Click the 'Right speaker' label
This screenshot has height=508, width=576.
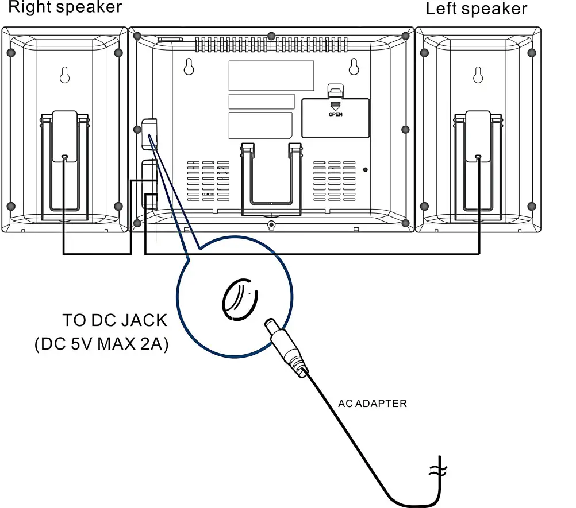pos(64,7)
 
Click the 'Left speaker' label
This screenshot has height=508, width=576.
pos(476,9)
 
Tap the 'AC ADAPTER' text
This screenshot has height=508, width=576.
pos(372,404)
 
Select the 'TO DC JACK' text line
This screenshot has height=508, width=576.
pos(114,320)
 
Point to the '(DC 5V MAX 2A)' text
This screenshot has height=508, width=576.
pos(101,344)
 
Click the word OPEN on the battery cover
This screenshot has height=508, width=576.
pos(335,114)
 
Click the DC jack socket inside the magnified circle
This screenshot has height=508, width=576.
pos(239,298)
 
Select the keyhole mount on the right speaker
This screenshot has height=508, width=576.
pos(64,75)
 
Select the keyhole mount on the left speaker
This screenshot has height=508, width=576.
pos(477,75)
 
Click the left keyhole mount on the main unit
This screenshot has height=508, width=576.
pos(189,67)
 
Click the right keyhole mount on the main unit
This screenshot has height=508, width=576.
pos(354,67)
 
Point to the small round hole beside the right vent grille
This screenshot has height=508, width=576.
pos(366,170)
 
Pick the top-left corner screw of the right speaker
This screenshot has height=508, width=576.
pos(10,53)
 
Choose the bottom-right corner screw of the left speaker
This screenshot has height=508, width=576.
pos(531,206)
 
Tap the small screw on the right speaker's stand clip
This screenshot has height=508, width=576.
pos(64,156)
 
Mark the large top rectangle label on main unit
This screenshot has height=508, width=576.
pos(271,75)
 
